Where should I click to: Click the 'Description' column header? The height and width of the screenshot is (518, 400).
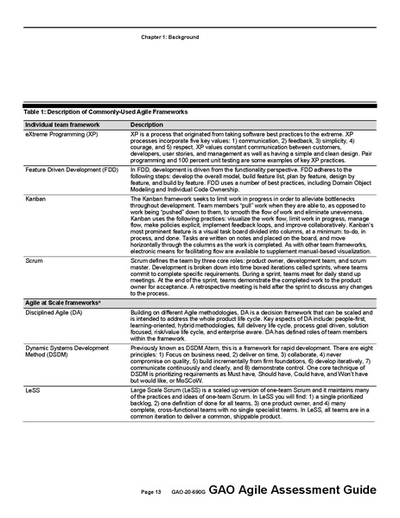[x=146, y=125]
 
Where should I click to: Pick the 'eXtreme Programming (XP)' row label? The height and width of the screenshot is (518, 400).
[x=61, y=136]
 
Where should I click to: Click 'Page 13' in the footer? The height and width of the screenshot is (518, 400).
[x=151, y=491]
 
